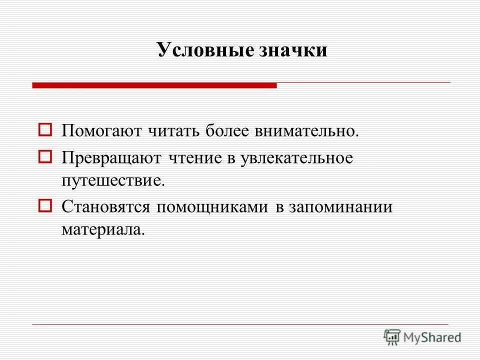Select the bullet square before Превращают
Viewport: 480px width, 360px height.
(x=45, y=157)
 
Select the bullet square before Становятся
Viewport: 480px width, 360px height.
(x=45, y=205)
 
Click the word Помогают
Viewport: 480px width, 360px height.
(x=102, y=132)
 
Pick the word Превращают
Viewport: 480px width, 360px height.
(x=111, y=158)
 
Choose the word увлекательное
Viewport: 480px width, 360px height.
(x=296, y=158)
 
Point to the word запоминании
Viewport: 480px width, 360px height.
(x=340, y=206)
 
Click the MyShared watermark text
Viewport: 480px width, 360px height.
(x=432, y=337)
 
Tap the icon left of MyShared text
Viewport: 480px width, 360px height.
(x=392, y=337)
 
